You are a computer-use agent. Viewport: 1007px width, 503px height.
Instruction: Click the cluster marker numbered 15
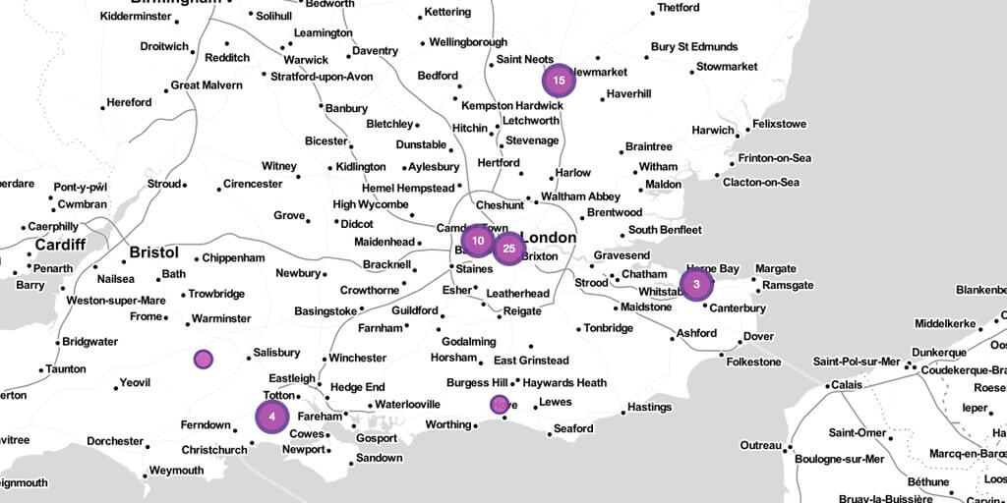558,81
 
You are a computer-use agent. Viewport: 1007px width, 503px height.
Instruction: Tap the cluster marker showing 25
508,249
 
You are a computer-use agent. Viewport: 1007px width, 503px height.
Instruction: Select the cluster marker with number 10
477,241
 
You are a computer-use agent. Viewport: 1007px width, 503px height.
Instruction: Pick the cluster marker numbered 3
696,286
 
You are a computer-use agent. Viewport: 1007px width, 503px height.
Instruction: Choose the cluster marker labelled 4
271,417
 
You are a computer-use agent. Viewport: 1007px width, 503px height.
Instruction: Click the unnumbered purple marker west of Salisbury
203,360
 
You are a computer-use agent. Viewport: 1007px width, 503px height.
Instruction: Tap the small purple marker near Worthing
500,404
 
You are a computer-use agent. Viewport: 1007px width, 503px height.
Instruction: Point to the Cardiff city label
60,245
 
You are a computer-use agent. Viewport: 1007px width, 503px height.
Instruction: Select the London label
548,238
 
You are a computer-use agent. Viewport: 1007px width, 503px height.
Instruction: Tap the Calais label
848,384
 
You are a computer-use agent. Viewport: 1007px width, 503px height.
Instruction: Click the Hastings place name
649,407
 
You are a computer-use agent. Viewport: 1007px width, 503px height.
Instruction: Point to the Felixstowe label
779,125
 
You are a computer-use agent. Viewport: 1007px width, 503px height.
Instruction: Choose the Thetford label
679,8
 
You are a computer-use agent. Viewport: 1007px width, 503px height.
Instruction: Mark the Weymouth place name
177,471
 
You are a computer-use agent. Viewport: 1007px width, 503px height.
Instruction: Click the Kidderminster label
137,16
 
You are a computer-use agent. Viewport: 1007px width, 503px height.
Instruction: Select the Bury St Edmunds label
694,47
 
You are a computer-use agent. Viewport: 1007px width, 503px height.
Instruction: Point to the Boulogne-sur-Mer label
839,459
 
